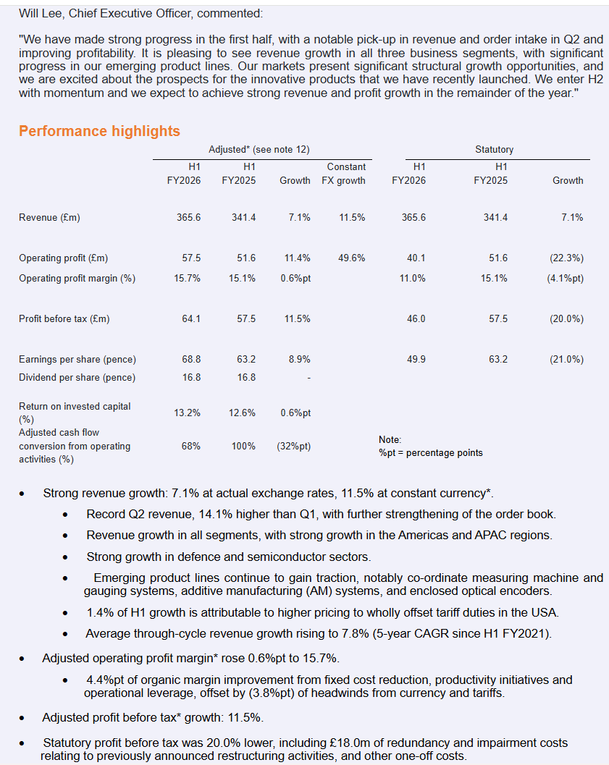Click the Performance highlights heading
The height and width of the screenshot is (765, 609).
tap(99, 131)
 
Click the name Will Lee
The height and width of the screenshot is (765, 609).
tap(41, 13)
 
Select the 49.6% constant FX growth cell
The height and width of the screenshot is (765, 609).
tap(352, 258)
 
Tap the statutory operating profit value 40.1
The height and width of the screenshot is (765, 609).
tap(416, 258)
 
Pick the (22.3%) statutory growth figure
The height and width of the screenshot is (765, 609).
tap(566, 258)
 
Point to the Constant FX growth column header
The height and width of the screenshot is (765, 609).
tap(344, 174)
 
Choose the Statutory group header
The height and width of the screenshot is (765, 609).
tap(494, 149)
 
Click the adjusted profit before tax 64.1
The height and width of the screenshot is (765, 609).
tap(191, 318)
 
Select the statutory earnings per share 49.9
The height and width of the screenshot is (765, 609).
tap(416, 359)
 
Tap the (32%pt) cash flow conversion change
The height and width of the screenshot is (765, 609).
tap(293, 446)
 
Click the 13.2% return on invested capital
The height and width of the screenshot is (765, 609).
tap(187, 413)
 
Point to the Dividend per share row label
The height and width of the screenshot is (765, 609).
tap(77, 377)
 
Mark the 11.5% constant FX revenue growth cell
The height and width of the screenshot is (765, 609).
tap(352, 217)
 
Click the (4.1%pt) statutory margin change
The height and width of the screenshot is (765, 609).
tap(565, 278)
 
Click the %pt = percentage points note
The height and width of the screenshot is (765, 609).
tap(430, 452)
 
